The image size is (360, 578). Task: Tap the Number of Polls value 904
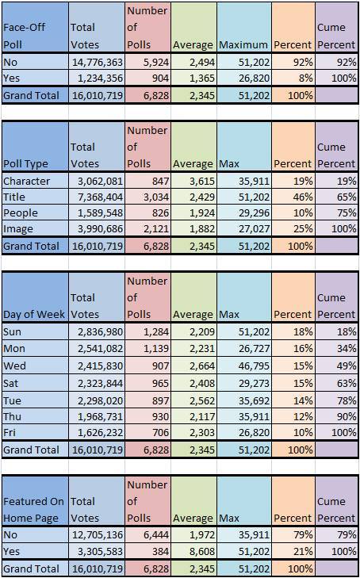pyautogui.click(x=158, y=78)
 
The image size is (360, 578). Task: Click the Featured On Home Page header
pyautogui.click(x=34, y=510)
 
